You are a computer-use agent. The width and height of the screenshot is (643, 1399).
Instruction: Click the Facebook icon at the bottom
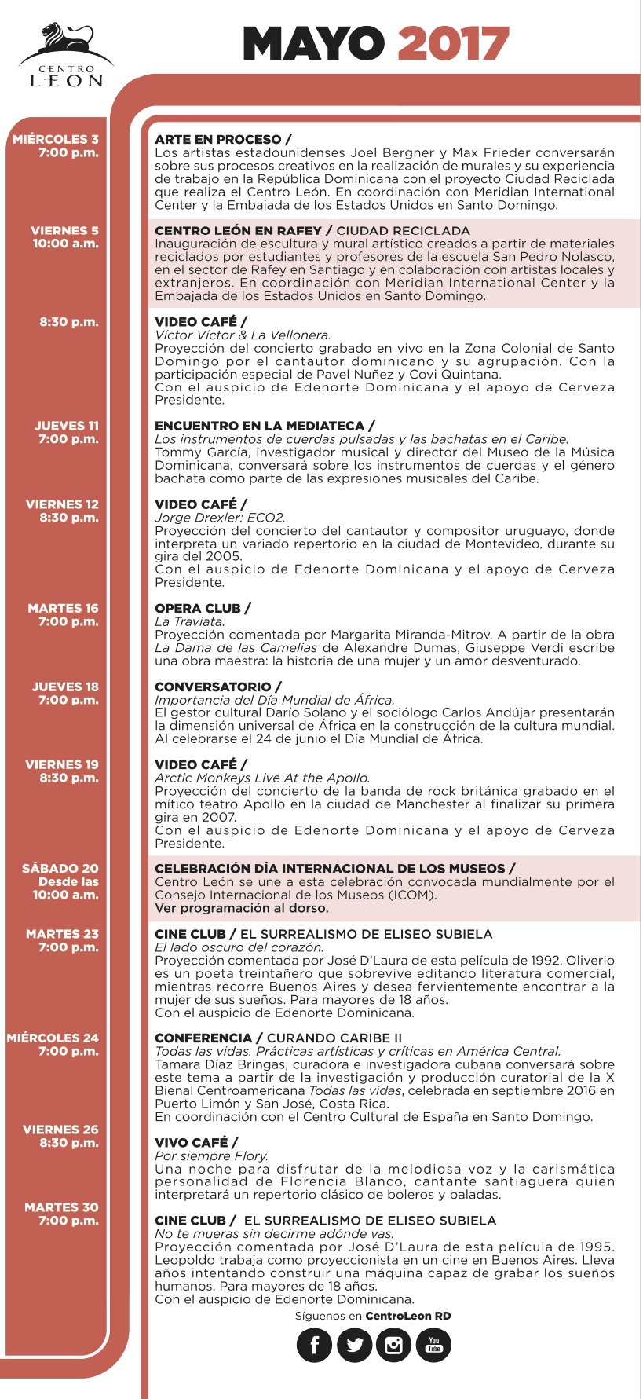pyautogui.click(x=314, y=1345)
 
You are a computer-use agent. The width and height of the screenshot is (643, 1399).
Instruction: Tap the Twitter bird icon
pyautogui.click(x=354, y=1345)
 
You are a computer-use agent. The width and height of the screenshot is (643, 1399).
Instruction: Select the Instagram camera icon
pyautogui.click(x=394, y=1345)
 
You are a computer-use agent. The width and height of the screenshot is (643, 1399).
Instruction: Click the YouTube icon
pyautogui.click(x=433, y=1345)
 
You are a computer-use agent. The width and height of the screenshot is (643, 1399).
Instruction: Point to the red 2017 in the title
pyautogui.click(x=454, y=44)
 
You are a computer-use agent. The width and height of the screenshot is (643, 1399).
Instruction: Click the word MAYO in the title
pyautogui.click(x=313, y=44)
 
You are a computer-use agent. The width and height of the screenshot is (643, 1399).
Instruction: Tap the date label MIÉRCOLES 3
pyautogui.click(x=56, y=139)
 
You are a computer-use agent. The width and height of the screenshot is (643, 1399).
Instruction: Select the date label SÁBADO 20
pyautogui.click(x=60, y=868)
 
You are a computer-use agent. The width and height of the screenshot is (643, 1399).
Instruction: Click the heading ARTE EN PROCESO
pyautogui.click(x=218, y=139)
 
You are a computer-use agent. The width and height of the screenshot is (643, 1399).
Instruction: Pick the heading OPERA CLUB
pyautogui.click(x=198, y=608)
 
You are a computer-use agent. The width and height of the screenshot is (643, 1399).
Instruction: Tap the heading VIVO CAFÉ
pyautogui.click(x=192, y=1142)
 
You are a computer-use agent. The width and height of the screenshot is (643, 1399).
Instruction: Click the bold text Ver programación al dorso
pyautogui.click(x=242, y=908)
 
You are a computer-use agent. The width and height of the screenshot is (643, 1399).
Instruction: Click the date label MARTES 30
pyautogui.click(x=61, y=1207)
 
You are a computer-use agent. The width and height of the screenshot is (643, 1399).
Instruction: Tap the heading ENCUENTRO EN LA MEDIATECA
pyautogui.click(x=260, y=426)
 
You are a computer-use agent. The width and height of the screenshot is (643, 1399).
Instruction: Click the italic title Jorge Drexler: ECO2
pyautogui.click(x=220, y=518)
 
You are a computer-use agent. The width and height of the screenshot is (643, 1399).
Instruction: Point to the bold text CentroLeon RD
pyautogui.click(x=408, y=1316)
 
